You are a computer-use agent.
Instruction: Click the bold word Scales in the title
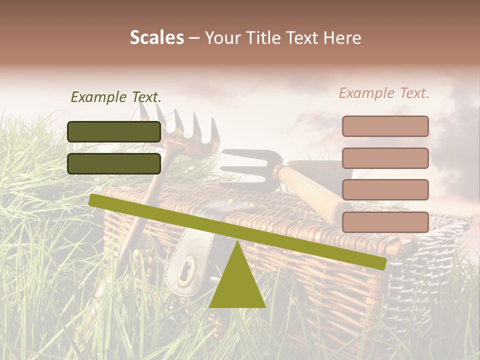[x=156, y=37]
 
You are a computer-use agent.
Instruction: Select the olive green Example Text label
[x=116, y=97]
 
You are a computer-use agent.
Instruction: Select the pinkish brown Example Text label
[x=384, y=93]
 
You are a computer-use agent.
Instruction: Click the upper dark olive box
[x=114, y=131]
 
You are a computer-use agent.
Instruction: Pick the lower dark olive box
[x=114, y=163]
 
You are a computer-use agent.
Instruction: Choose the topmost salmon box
[x=385, y=126]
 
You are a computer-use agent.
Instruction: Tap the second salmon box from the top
[x=385, y=158]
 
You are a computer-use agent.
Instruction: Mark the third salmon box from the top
[x=385, y=190]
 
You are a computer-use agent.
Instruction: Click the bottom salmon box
[x=385, y=222]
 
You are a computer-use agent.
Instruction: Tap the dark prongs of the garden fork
[x=250, y=165]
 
